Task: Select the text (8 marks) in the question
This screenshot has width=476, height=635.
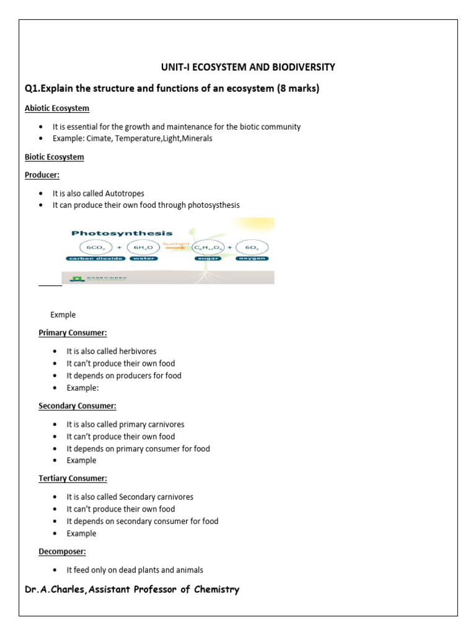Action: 297,88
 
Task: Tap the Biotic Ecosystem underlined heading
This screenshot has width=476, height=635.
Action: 54,158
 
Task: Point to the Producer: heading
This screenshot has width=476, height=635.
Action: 42,175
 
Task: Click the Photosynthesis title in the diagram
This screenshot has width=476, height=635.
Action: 122,233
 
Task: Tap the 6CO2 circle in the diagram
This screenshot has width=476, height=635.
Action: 95,247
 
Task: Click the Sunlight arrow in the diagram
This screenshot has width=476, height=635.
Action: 176,247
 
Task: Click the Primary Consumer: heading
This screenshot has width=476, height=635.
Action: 73,333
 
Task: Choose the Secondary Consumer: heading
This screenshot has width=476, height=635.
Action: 77,406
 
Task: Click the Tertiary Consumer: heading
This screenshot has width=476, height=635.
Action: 73,479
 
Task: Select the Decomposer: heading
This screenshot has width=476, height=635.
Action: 62,551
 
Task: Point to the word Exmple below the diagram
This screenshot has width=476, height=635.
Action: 63,315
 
